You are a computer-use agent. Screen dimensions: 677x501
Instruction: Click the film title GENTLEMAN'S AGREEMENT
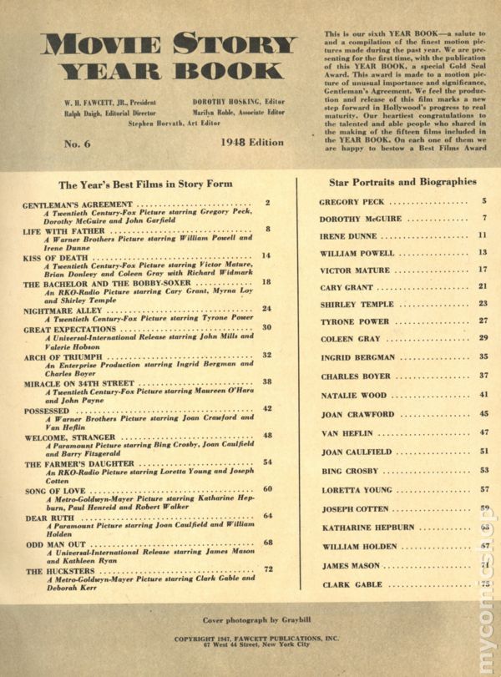(x=78, y=203)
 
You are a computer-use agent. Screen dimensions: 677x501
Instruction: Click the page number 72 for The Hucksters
(x=269, y=569)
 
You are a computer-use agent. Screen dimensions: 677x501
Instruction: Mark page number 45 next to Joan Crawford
(x=483, y=413)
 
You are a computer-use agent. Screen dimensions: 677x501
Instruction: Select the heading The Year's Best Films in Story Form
(x=146, y=183)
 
